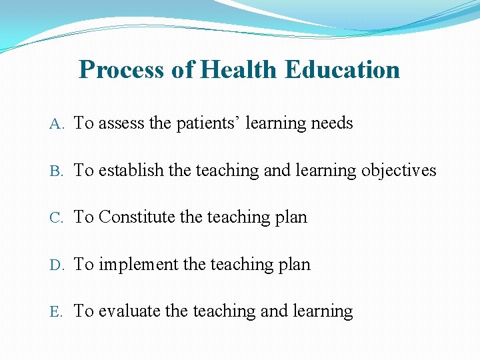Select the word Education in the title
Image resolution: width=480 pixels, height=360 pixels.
[342, 69]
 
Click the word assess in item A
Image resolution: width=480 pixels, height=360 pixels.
[121, 123]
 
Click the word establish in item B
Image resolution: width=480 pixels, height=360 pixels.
[131, 171]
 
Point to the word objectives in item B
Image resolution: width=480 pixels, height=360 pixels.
[399, 171]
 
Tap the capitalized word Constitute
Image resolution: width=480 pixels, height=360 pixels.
[139, 217]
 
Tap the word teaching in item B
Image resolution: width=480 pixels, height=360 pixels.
[228, 171]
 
